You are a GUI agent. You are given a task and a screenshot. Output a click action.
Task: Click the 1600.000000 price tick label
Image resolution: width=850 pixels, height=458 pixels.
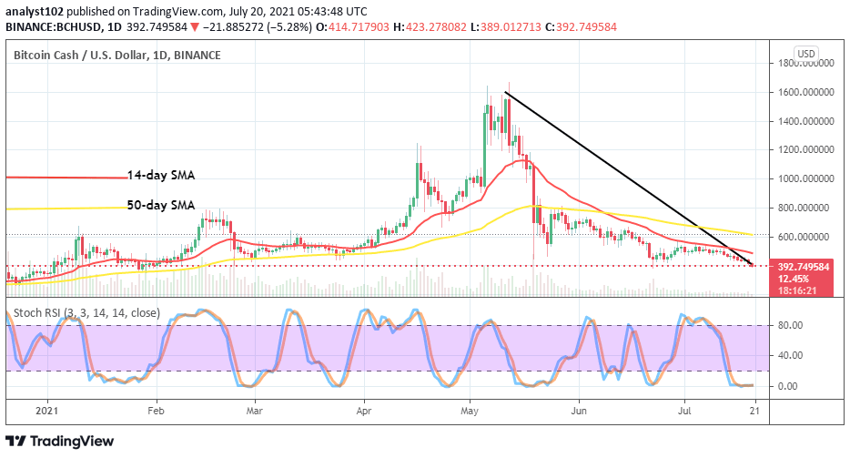806,92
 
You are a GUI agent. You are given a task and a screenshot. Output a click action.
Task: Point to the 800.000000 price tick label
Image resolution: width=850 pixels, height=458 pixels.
806,208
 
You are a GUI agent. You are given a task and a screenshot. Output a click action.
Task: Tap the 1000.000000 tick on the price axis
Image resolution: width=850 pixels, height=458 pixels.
806,178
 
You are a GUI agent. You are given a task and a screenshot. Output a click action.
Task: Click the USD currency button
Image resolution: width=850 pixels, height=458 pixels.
805,54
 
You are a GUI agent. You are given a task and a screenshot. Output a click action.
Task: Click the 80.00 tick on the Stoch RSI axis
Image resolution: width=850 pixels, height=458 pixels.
789,325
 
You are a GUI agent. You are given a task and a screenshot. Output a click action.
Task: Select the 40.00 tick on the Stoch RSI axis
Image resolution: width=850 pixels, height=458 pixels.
789,356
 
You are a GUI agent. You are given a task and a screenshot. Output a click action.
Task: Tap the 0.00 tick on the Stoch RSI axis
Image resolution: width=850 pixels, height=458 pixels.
787,386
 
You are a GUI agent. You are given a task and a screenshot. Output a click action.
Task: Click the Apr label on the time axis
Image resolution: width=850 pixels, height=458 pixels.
363,411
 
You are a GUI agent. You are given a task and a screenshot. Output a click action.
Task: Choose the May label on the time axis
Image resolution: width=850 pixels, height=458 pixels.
470,411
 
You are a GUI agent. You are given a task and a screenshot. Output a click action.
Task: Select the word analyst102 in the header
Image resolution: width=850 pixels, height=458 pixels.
36,11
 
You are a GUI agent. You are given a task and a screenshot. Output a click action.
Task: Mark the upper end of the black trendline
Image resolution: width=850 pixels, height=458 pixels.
504,93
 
